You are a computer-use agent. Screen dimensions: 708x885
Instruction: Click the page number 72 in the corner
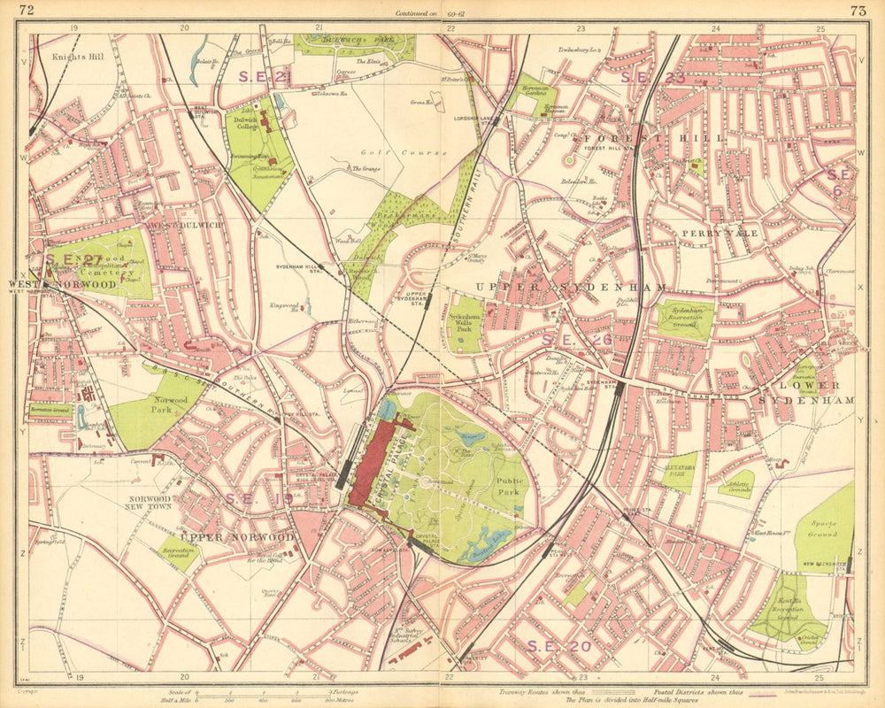27,11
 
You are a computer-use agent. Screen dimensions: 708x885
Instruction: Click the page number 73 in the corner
858,11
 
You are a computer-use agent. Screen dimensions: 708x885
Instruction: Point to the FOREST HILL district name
654,138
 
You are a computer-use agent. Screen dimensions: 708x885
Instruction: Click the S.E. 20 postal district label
558,645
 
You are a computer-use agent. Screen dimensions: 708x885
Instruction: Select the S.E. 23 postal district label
652,77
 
